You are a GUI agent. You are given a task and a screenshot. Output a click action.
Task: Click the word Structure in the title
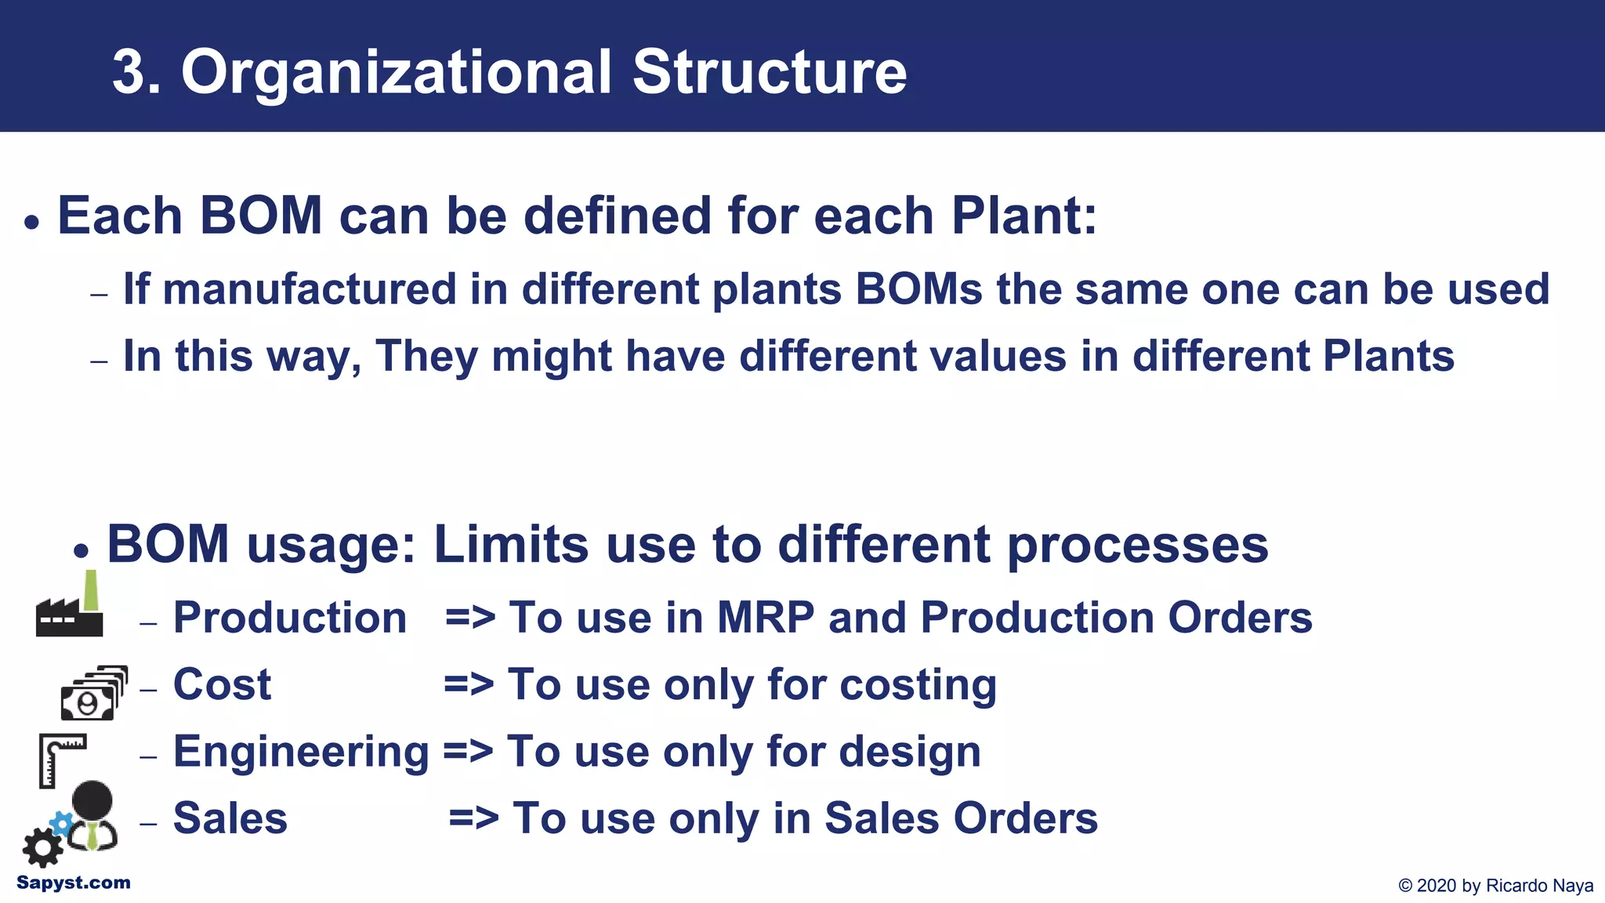(770, 73)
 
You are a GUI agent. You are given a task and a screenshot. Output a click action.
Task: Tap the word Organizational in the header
(396, 73)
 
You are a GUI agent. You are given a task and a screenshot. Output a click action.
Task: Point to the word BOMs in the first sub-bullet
(918, 289)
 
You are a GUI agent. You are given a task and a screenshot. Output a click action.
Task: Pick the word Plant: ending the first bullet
(1024, 216)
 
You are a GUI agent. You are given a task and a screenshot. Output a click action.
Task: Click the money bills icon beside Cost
(93, 693)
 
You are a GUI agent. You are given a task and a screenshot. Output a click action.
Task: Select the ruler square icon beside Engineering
(60, 759)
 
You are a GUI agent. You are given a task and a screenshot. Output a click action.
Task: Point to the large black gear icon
(42, 848)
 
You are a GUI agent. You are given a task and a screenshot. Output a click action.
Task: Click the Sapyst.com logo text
(74, 883)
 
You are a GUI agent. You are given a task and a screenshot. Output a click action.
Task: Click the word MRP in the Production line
(766, 618)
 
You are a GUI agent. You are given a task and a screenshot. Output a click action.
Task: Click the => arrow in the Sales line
(473, 818)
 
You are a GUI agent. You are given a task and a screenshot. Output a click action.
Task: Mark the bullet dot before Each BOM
(31, 223)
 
